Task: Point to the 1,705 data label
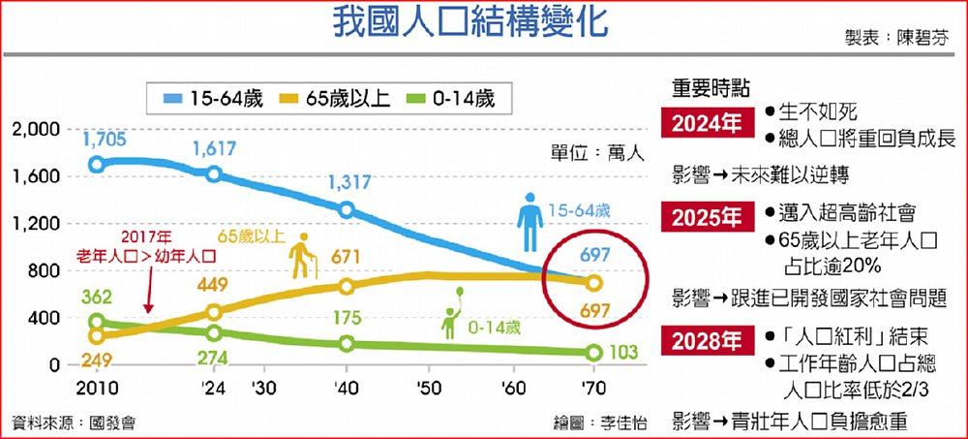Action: [x=104, y=140]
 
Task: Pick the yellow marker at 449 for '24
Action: [x=214, y=312]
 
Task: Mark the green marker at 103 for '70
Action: [x=594, y=353]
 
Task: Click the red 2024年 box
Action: [x=708, y=123]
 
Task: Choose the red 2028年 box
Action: [x=708, y=341]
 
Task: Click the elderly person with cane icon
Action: [x=304, y=257]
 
